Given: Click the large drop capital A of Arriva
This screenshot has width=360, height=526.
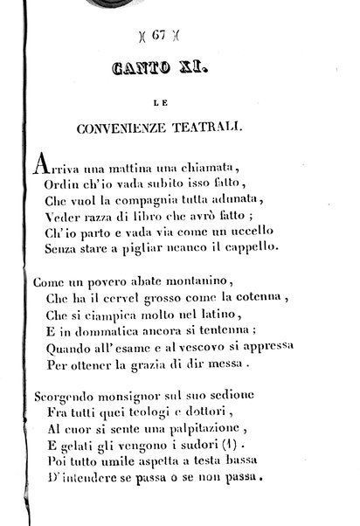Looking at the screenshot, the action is (39, 164).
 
